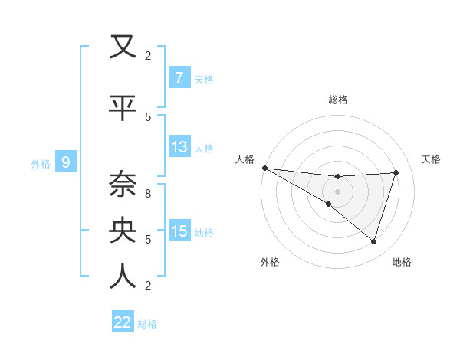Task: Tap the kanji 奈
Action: (x=123, y=183)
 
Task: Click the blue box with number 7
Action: (x=179, y=78)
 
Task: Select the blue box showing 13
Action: (x=179, y=147)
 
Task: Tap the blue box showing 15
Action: (x=179, y=231)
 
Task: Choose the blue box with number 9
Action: (x=66, y=162)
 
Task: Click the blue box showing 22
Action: (x=123, y=322)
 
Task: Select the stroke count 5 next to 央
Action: (x=148, y=240)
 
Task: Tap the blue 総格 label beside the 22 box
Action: (x=147, y=323)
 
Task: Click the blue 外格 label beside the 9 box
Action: (x=41, y=163)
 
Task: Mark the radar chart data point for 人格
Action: (x=264, y=167)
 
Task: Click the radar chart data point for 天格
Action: (x=396, y=172)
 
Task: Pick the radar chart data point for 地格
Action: (x=374, y=241)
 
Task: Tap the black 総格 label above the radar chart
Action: (x=337, y=100)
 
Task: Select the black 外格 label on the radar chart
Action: (x=269, y=262)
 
